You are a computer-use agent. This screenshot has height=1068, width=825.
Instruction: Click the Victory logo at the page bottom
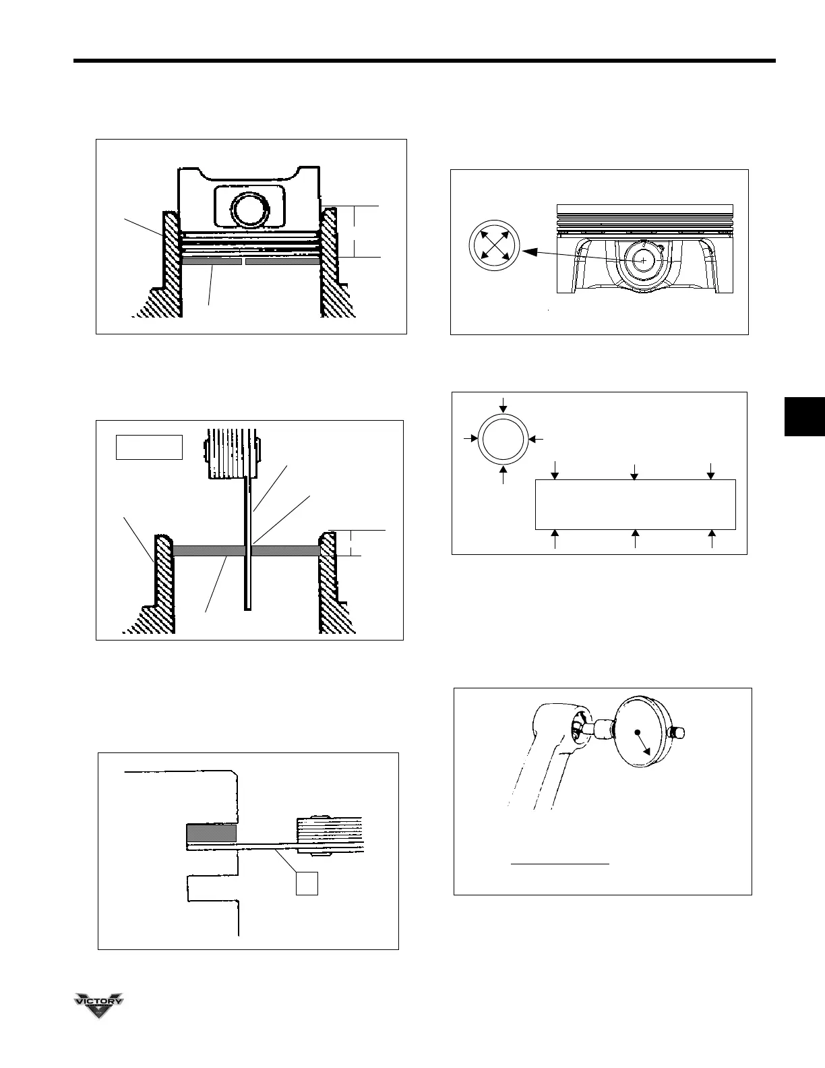pyautogui.click(x=98, y=1004)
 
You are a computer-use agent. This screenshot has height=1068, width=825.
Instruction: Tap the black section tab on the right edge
pyautogui.click(x=804, y=417)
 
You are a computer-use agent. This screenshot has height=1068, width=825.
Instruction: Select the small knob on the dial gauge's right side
pyautogui.click(x=676, y=733)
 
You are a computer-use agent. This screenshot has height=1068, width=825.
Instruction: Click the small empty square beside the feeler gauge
pyautogui.click(x=307, y=883)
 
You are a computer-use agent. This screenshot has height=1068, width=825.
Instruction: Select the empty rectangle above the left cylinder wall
pyautogui.click(x=149, y=447)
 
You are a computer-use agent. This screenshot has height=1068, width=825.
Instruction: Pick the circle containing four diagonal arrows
pyautogui.click(x=494, y=245)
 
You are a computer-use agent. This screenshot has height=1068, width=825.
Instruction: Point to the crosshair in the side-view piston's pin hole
pyautogui.click(x=643, y=260)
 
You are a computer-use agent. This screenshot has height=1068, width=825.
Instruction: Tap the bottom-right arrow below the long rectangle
pyautogui.click(x=712, y=539)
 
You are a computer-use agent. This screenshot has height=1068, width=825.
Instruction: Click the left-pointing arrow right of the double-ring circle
pyautogui.click(x=536, y=439)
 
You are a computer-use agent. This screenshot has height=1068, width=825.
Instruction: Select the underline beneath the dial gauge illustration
pyautogui.click(x=559, y=862)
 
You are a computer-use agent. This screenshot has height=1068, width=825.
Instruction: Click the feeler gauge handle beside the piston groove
pyautogui.click(x=330, y=835)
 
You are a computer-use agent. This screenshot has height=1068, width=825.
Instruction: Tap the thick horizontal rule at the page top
pyautogui.click(x=425, y=62)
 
